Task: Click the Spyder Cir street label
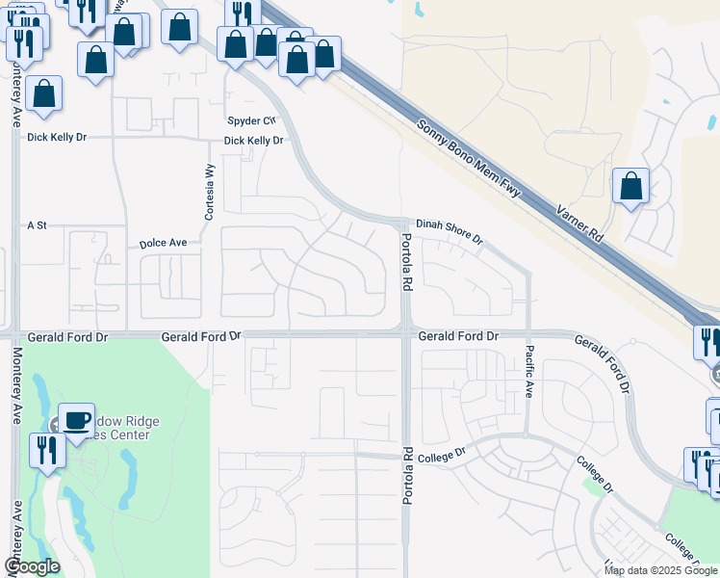pyautogui.click(x=251, y=120)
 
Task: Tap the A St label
pyautogui.click(x=38, y=224)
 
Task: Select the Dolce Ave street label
pyautogui.click(x=163, y=244)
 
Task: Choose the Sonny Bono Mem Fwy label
pyautogui.click(x=470, y=159)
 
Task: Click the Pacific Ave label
pyautogui.click(x=529, y=371)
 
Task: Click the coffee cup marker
pyautogui.click(x=77, y=419)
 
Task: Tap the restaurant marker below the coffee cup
pyautogui.click(x=46, y=449)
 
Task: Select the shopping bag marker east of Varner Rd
pyautogui.click(x=630, y=184)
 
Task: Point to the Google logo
pyautogui.click(x=33, y=566)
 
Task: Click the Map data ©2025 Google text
pyautogui.click(x=659, y=570)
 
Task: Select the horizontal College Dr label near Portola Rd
pyautogui.click(x=447, y=451)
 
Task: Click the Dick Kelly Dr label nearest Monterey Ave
pyautogui.click(x=57, y=138)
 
